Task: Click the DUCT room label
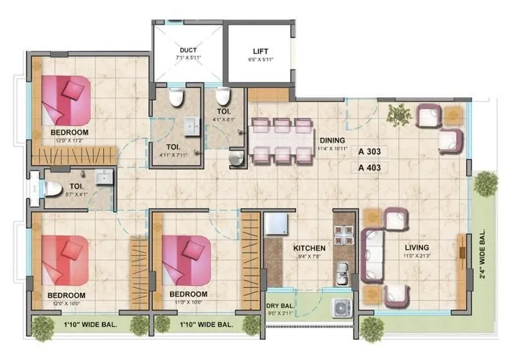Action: [188, 50]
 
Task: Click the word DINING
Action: [332, 140]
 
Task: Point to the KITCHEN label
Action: [309, 248]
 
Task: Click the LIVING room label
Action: [417, 247]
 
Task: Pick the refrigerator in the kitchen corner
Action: [277, 225]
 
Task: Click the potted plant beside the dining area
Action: [399, 114]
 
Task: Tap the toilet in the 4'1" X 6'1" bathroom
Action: [223, 97]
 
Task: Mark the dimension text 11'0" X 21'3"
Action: [417, 256]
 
